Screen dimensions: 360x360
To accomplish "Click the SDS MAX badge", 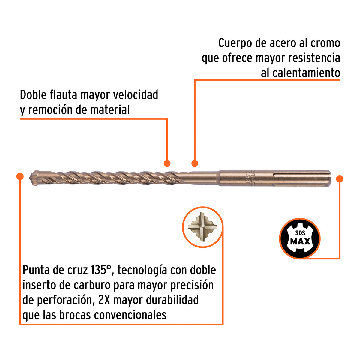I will click(300, 238).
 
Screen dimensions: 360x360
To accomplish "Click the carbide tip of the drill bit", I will click(35, 178).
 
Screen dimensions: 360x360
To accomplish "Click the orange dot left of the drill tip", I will click(20, 176).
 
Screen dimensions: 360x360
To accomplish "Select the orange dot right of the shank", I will click(340, 179).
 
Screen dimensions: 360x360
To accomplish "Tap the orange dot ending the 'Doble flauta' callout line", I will click(167, 163).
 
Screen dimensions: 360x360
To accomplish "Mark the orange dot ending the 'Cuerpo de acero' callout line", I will click(195, 163).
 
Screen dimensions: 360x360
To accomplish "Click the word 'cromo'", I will click(325, 43).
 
